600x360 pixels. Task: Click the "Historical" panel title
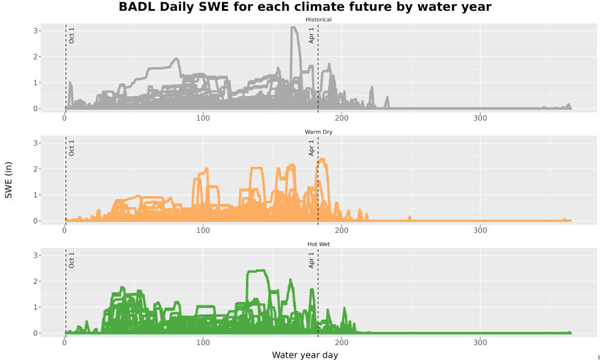[319, 20]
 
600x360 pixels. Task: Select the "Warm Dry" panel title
[319, 132]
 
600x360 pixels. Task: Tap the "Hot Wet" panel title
[319, 244]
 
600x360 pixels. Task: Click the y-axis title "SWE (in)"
[8, 180]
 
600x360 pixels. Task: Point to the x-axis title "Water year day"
[305, 355]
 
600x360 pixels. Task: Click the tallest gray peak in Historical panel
[293, 27]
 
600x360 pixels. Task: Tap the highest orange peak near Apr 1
[322, 159]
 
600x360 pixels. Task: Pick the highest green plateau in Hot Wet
[256, 271]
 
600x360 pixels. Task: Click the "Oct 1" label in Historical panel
[71, 35]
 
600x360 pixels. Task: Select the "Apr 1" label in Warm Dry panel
[311, 148]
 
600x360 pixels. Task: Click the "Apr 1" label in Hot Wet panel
[311, 260]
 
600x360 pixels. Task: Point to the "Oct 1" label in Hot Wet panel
[71, 260]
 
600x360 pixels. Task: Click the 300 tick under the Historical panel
[480, 118]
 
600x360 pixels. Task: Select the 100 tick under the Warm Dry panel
[203, 230]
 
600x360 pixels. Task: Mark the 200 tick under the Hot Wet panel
[341, 343]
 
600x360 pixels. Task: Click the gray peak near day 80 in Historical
[176, 59]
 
